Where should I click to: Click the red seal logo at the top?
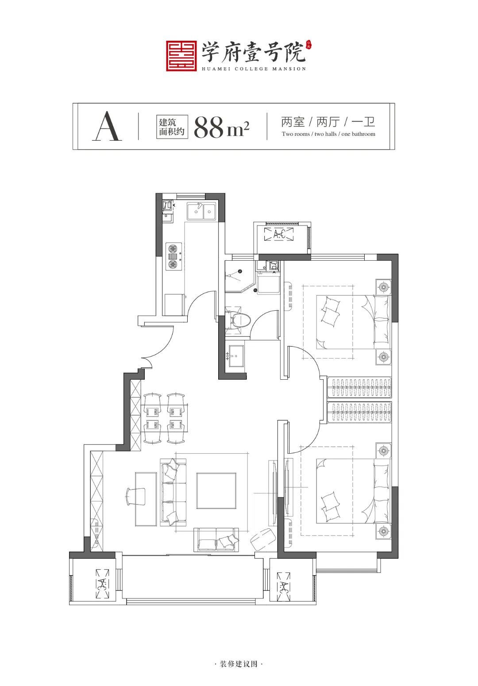[x=181, y=56]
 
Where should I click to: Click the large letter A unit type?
[x=107, y=126]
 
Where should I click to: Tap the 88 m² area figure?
[x=221, y=127]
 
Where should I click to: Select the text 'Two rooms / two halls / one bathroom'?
[x=328, y=134]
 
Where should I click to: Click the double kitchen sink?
[x=202, y=211]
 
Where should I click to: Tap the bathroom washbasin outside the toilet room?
[x=236, y=356]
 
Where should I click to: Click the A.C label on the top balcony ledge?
[x=279, y=235]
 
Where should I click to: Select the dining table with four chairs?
[x=164, y=418]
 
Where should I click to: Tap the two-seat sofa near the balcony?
[x=216, y=540]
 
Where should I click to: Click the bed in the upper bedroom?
[x=353, y=322]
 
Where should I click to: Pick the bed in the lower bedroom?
[x=353, y=491]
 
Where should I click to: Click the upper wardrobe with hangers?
[x=359, y=387]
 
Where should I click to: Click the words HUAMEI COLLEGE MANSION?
[x=254, y=69]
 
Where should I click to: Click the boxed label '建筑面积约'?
[x=172, y=127]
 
